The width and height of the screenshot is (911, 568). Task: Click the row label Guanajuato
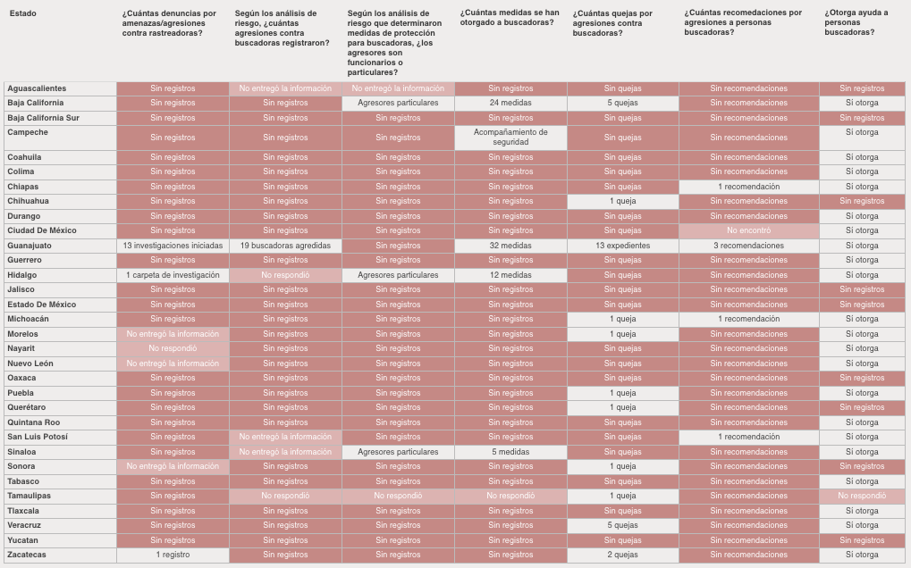(x=30, y=245)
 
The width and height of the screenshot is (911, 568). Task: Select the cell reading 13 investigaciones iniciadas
(x=173, y=246)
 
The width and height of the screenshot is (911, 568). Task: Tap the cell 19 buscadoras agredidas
(x=285, y=246)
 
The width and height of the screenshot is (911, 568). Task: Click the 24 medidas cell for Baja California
(x=510, y=103)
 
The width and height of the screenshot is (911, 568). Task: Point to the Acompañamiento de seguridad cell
(x=510, y=138)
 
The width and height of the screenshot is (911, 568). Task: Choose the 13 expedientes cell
(x=622, y=246)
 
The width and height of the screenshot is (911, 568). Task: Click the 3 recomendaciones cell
(x=748, y=246)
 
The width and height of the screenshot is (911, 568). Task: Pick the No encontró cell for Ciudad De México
(x=748, y=230)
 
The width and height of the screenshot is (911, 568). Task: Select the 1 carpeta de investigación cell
(x=173, y=275)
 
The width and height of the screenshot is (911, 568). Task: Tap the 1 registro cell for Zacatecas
(x=173, y=555)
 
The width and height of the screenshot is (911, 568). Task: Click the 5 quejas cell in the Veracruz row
(x=622, y=525)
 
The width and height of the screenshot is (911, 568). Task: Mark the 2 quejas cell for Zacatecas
(x=622, y=555)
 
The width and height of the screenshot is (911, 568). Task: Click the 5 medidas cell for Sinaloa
(x=510, y=452)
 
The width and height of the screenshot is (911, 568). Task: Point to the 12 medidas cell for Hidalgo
(x=510, y=275)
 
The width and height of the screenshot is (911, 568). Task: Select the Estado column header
(x=23, y=14)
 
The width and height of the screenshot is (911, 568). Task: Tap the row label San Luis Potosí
(x=38, y=437)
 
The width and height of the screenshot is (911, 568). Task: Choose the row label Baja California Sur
(x=44, y=117)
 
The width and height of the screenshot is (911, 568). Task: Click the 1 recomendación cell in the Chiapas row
(x=748, y=187)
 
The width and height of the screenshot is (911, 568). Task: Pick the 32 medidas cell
(x=510, y=246)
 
